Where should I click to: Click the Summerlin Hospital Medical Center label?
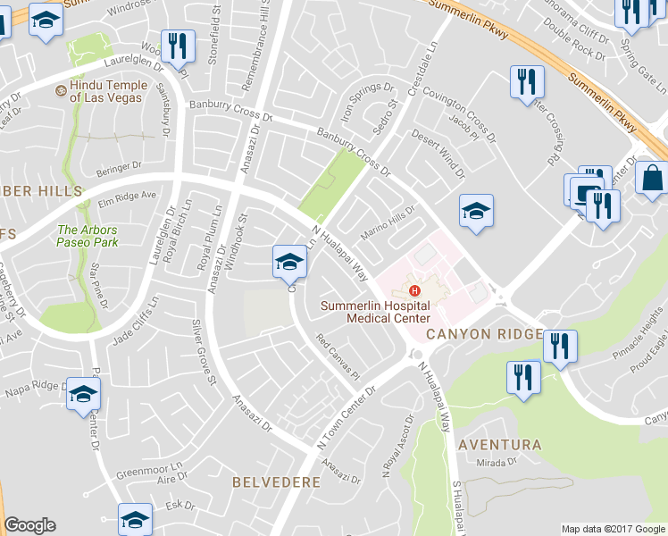pos(376,312)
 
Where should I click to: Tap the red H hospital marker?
pos(413,290)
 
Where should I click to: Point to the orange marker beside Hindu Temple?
pos(62,91)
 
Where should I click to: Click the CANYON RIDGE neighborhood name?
pos(483,333)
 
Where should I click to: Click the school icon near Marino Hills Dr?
pos(476,212)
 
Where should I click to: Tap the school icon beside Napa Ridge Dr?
pos(83,394)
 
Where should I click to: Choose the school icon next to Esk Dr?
pos(135,519)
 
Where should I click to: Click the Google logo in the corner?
pos(29,525)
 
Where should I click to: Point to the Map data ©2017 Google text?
pos(612,528)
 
